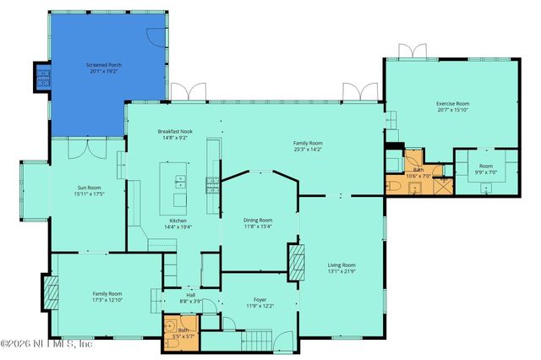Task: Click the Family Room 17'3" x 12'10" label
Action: tap(107, 297)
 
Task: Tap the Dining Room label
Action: tap(259, 222)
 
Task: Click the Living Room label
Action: tap(342, 269)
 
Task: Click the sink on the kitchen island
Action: tap(179, 180)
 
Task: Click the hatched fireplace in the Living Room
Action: tap(296, 262)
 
